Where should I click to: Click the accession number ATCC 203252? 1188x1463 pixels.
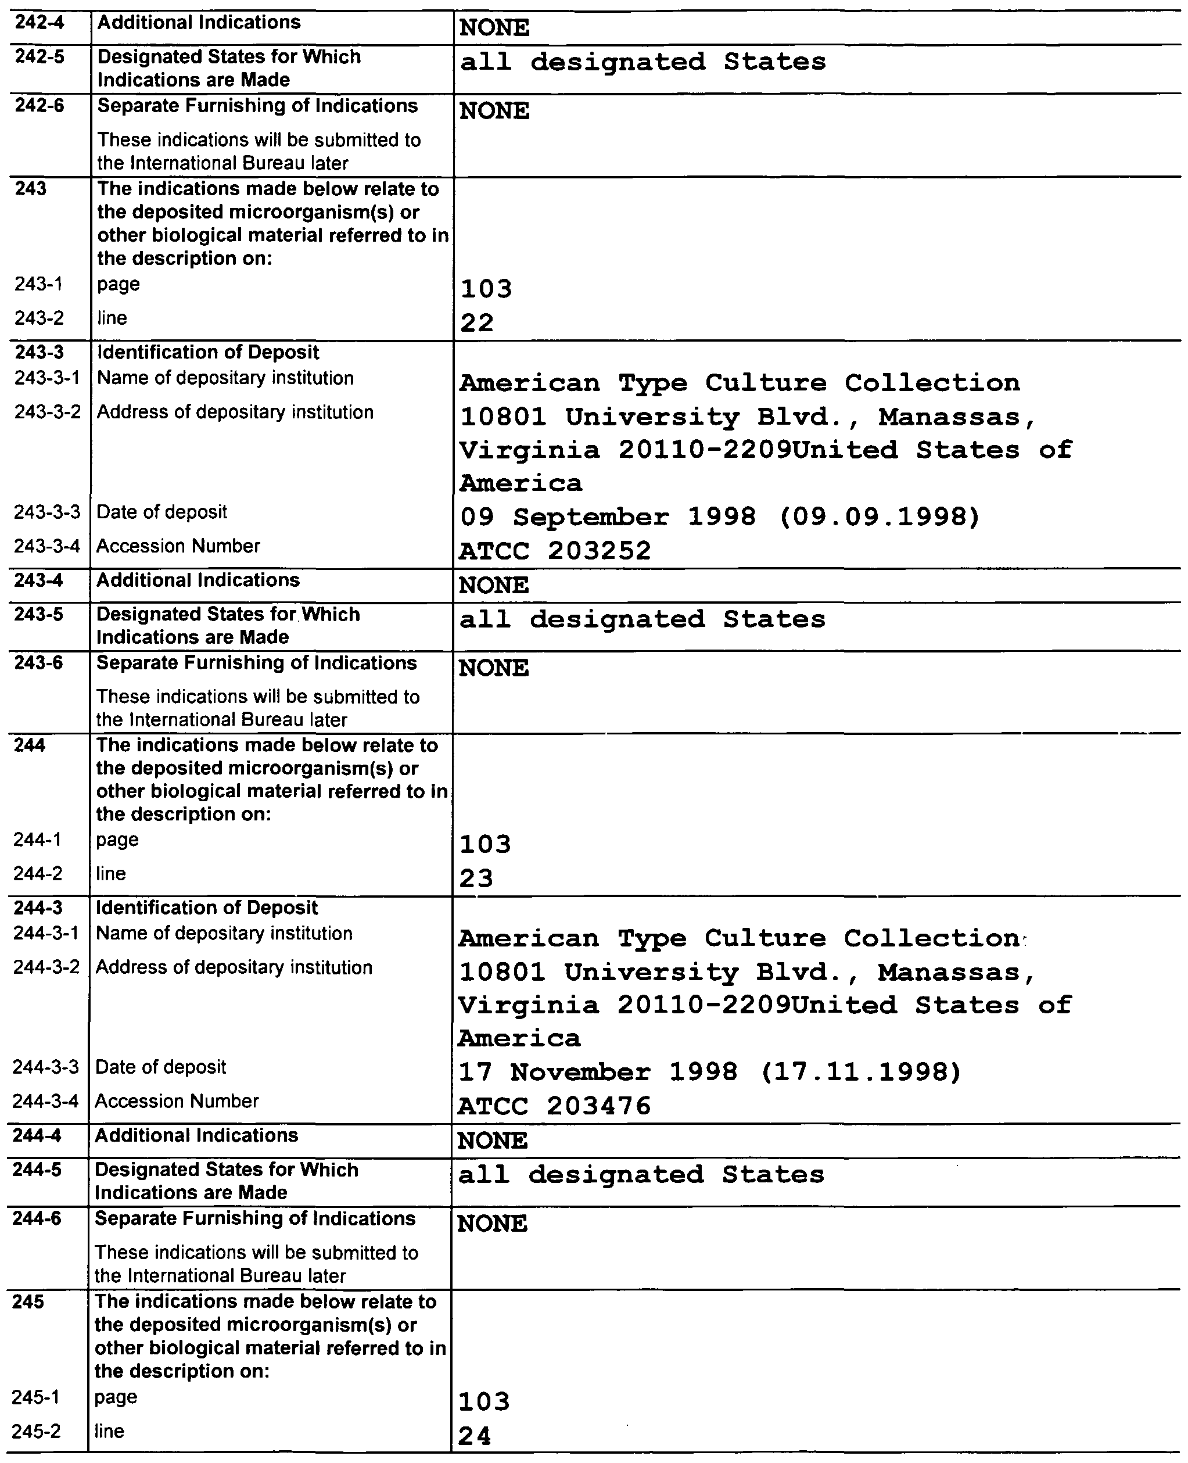tap(554, 551)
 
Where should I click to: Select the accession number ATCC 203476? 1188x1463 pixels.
tap(554, 1106)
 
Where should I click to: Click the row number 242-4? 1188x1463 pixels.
tap(40, 23)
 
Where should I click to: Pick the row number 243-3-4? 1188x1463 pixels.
tap(47, 546)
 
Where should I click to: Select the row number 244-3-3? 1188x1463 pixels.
tap(46, 1067)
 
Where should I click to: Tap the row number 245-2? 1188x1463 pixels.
tap(35, 1431)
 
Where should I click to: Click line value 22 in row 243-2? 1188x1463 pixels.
tap(477, 322)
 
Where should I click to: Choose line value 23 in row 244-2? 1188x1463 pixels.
tap(476, 878)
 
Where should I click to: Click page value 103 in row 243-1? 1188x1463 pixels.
tap(486, 289)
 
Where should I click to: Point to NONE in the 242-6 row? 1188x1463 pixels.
tap(494, 111)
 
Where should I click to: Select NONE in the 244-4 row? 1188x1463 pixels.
tap(493, 1141)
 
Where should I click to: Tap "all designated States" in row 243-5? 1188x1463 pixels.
tap(642, 619)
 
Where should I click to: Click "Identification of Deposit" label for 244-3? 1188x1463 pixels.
tap(207, 908)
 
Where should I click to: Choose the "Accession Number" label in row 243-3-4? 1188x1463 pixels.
tap(178, 546)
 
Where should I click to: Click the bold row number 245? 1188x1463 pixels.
tap(28, 1301)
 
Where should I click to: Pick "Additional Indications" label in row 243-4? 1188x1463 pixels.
tap(198, 580)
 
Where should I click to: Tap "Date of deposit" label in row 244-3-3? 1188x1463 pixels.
tap(160, 1067)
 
